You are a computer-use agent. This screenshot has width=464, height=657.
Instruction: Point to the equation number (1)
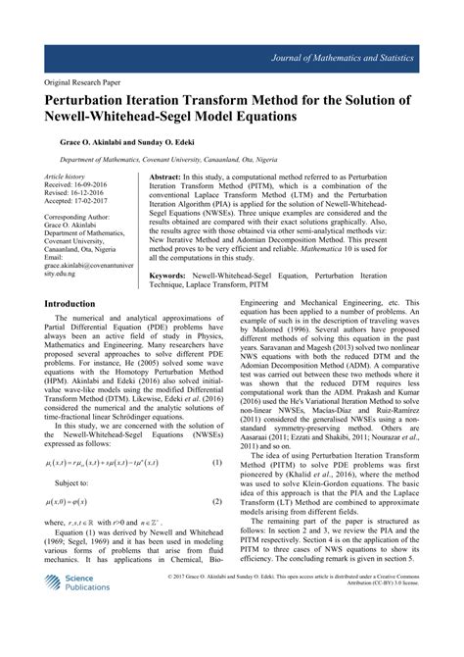tap(215, 461)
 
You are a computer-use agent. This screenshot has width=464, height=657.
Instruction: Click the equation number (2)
tap(215, 503)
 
